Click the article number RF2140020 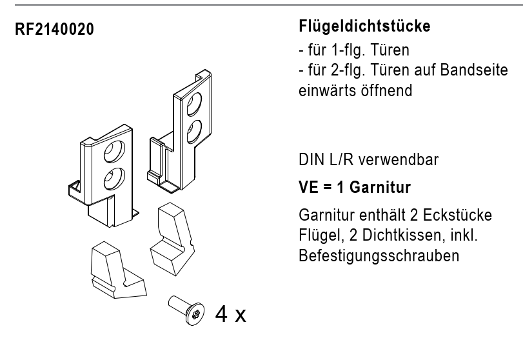[x=54, y=29]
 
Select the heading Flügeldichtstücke [x=364, y=26]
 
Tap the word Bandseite [x=474, y=70]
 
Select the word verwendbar [x=399, y=160]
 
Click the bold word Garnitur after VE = [x=380, y=187]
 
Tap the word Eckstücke [x=457, y=215]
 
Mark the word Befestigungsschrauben [x=379, y=256]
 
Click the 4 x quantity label [x=230, y=314]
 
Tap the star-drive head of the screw [x=195, y=314]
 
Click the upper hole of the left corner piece [x=114, y=152]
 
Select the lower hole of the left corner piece [x=114, y=179]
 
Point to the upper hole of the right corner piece [x=194, y=104]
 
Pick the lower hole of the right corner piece [x=194, y=132]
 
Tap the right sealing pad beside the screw [x=171, y=239]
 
